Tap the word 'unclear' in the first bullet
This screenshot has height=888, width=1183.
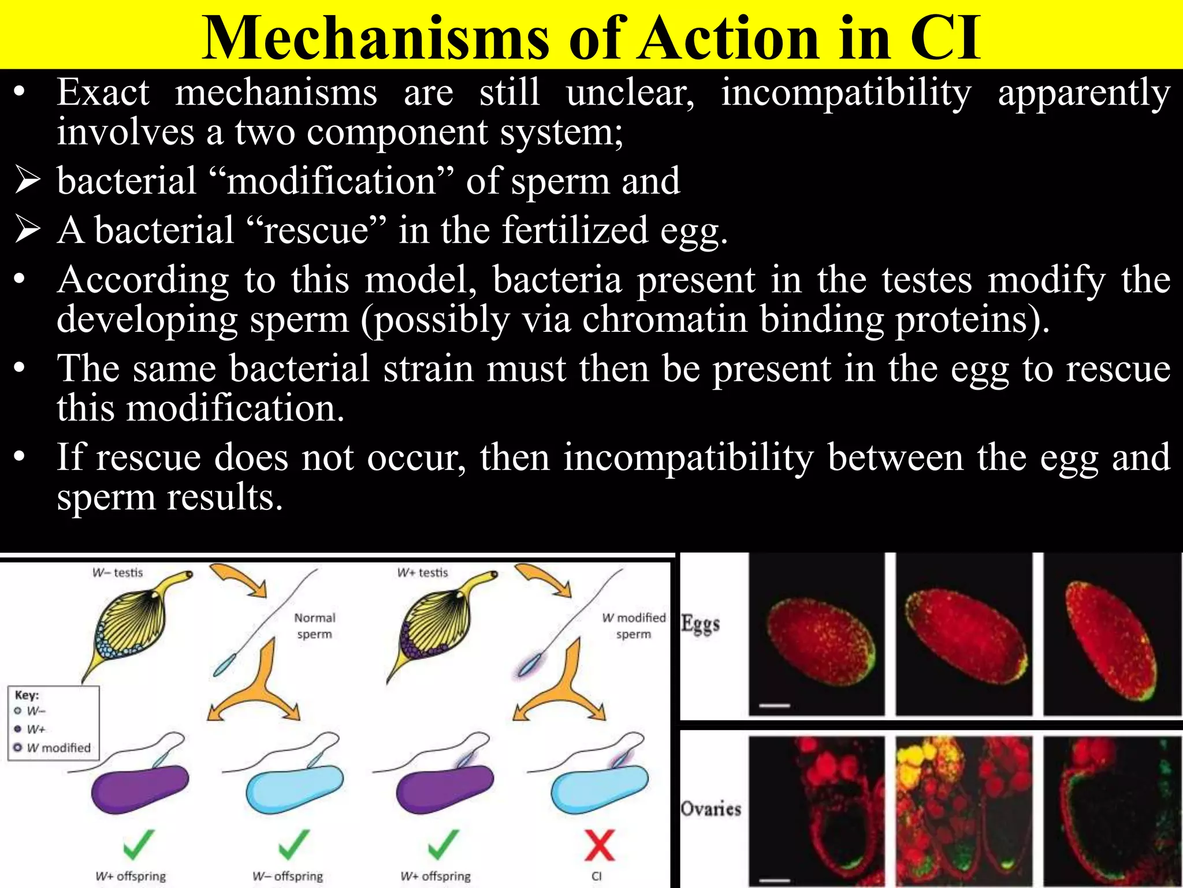630,92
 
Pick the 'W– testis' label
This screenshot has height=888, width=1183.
117,572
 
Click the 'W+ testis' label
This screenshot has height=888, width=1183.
422,572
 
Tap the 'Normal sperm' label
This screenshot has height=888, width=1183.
315,626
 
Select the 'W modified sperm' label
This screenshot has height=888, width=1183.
634,626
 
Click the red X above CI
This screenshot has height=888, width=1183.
599,846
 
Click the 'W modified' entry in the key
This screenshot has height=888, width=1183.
58,748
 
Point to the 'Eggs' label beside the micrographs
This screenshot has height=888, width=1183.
701,624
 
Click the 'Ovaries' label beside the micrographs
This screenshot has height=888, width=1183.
710,808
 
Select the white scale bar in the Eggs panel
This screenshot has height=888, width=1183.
774,705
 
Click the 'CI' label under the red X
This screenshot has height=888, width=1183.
597,876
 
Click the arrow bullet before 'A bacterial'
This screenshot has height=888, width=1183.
28,230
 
